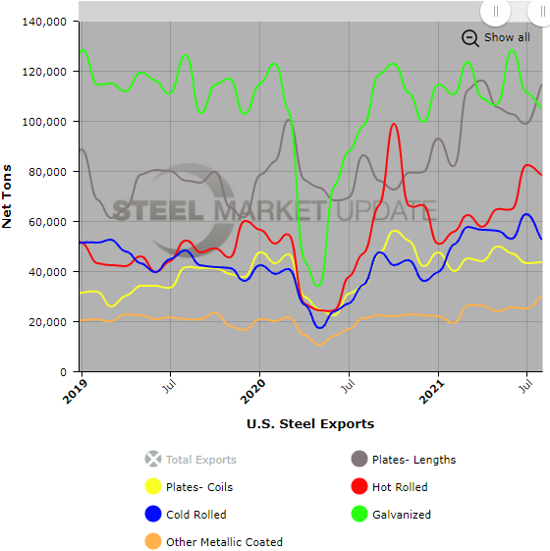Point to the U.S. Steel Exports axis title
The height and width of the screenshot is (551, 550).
coord(310,424)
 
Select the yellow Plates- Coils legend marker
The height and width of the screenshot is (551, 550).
coord(152,486)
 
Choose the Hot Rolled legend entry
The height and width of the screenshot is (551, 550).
coord(400,486)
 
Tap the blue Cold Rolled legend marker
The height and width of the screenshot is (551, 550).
coord(152,514)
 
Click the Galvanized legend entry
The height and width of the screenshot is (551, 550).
coord(401,514)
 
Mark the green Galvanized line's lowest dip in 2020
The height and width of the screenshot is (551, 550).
coord(317,286)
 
